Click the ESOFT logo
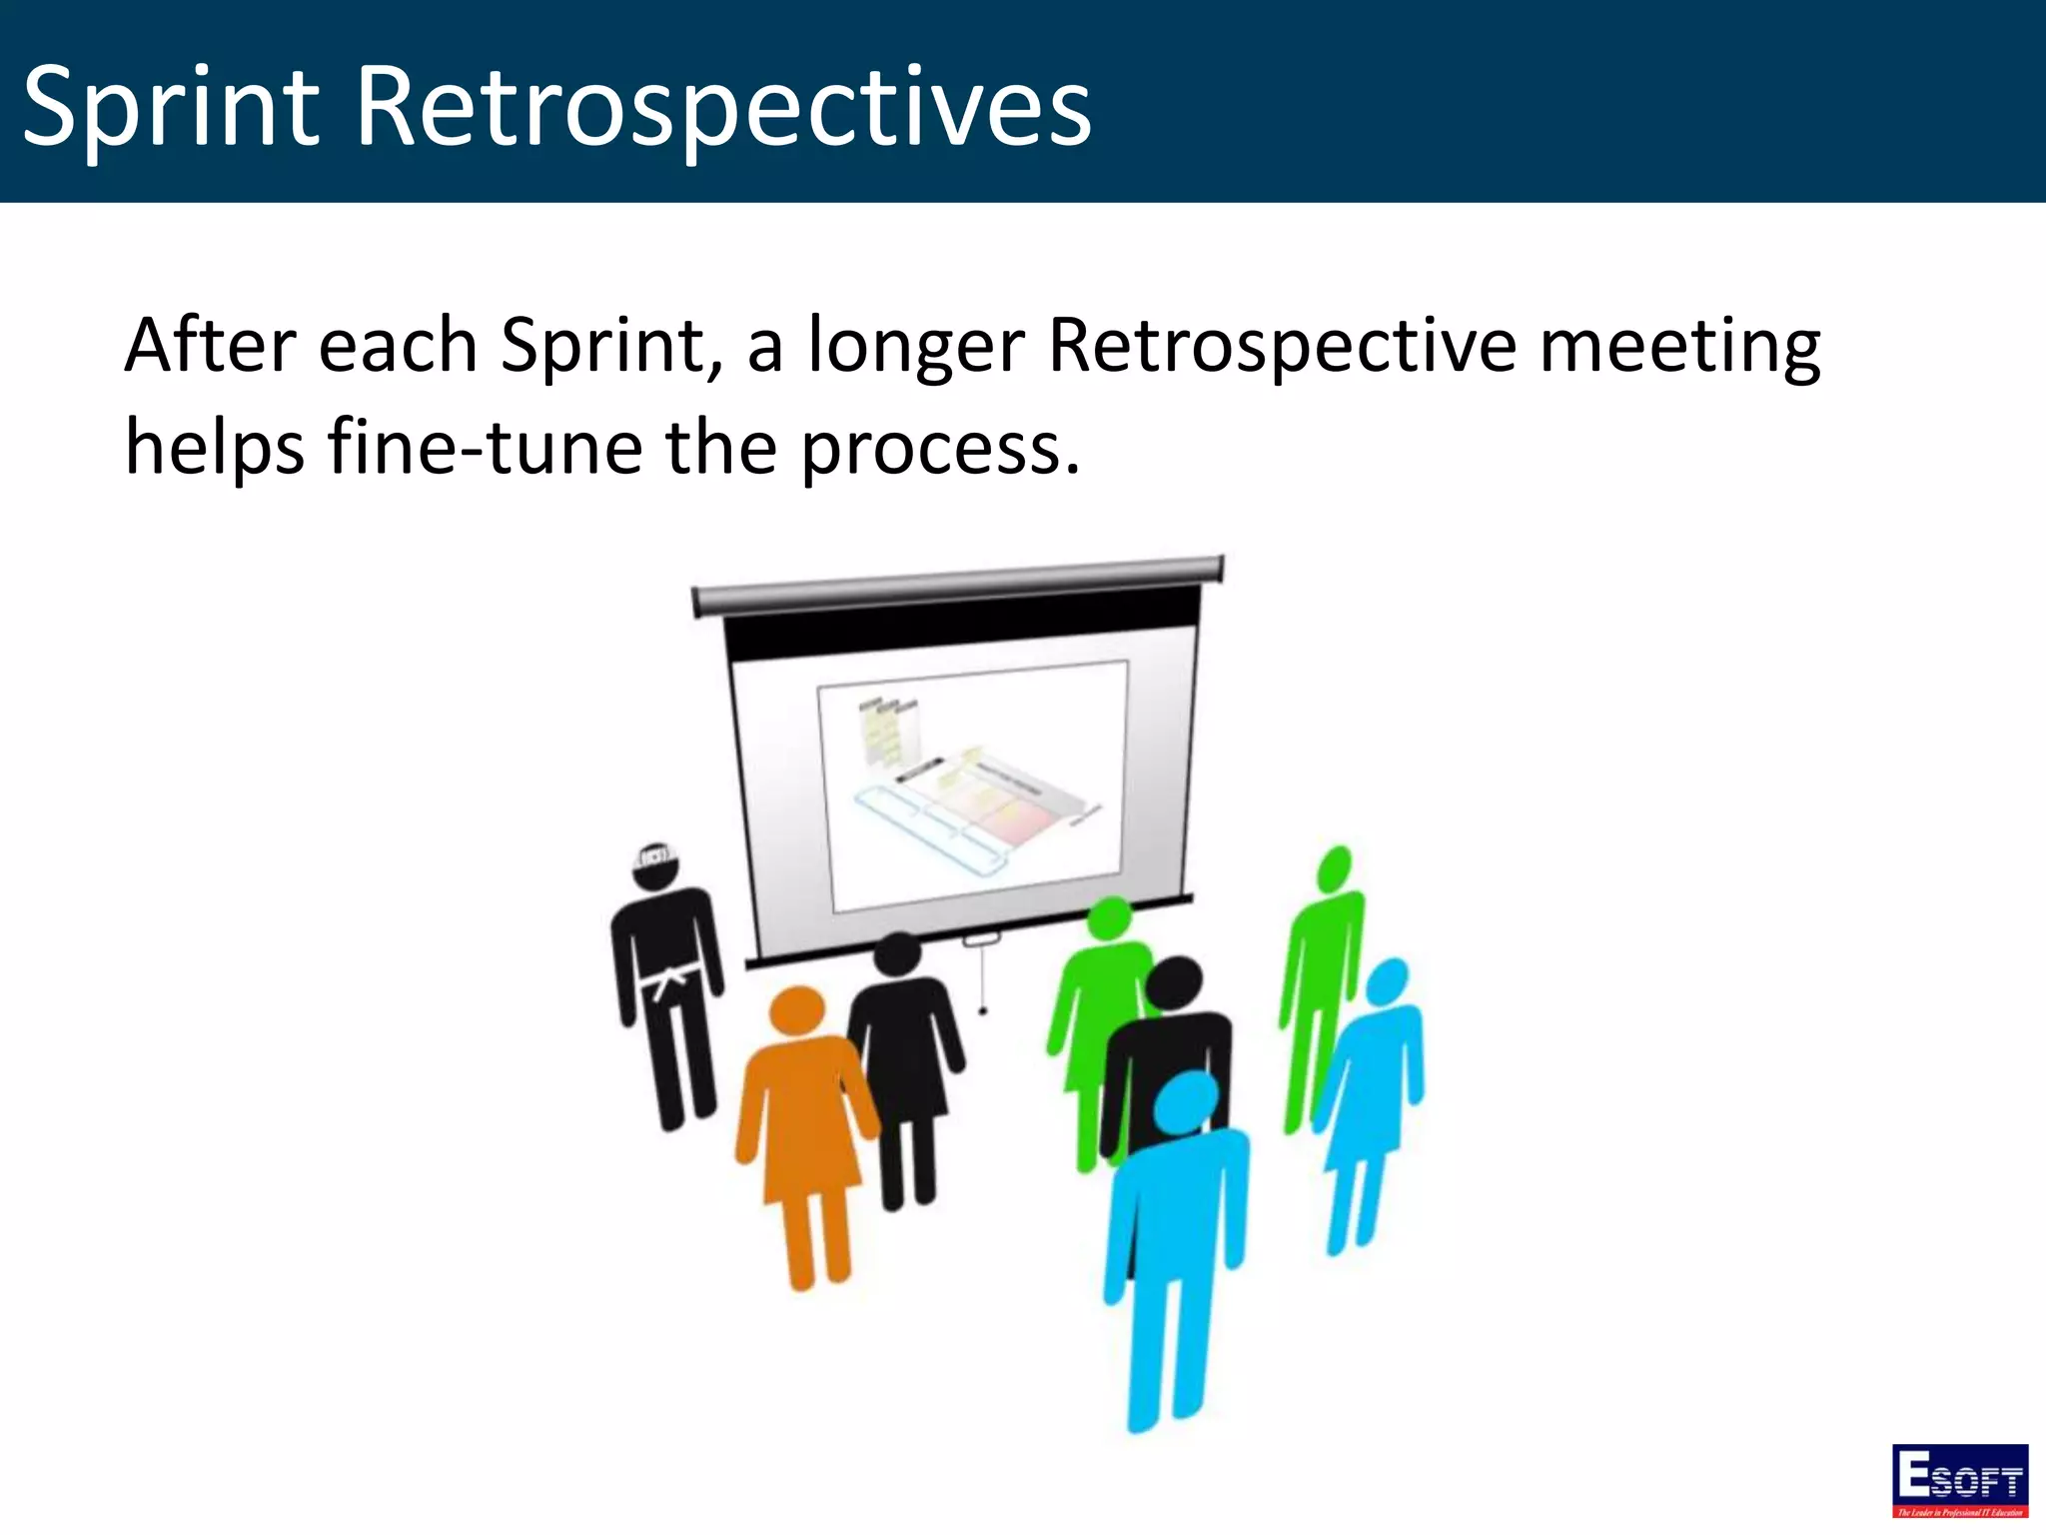pyautogui.click(x=1959, y=1480)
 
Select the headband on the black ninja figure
pyautogui.click(x=656, y=855)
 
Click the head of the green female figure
pyautogui.click(x=1109, y=918)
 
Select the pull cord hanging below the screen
pyautogui.click(x=983, y=979)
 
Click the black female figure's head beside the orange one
pyautogui.click(x=897, y=954)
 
